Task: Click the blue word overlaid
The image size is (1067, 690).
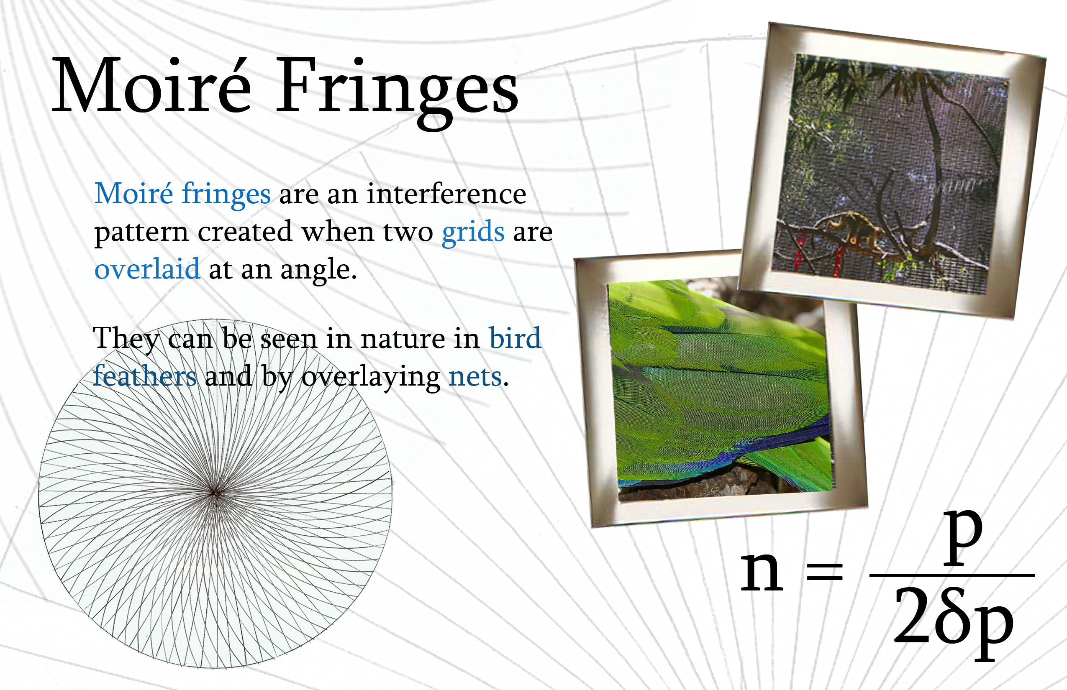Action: coord(147,268)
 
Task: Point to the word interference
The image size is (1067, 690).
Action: coord(446,194)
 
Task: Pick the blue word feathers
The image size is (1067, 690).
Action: coord(145,376)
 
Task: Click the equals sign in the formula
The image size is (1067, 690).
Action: coord(825,572)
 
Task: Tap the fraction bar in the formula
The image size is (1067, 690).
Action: coord(952,575)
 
